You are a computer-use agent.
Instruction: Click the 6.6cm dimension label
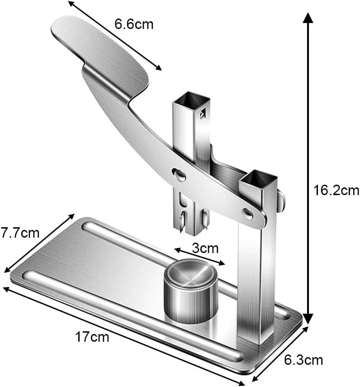(x=134, y=24)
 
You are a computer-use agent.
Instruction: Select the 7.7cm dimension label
(x=20, y=233)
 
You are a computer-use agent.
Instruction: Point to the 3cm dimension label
(x=205, y=248)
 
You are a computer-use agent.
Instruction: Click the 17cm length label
(x=92, y=337)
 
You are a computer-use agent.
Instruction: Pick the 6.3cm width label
(x=303, y=360)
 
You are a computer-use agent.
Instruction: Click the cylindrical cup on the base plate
(x=191, y=291)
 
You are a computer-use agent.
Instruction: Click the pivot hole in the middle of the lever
(x=179, y=173)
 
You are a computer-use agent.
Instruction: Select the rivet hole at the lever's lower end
(x=247, y=213)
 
